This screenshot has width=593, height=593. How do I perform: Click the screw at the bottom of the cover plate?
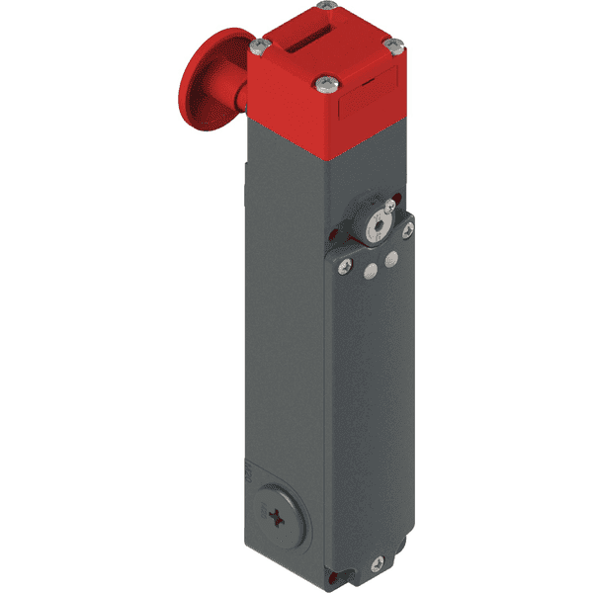tap(377, 566)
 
